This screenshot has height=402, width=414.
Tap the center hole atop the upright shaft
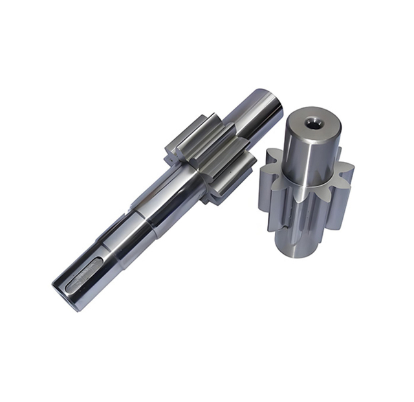click(312, 122)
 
